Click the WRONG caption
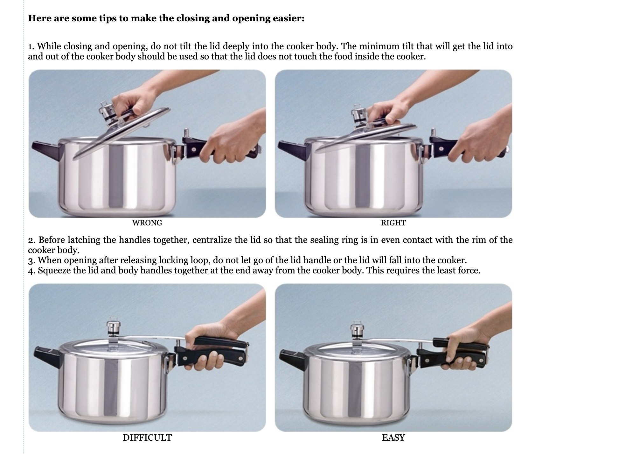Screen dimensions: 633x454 coord(147,223)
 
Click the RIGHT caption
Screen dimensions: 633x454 coord(393,223)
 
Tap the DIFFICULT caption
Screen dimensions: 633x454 coord(147,437)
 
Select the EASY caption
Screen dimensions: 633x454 coord(393,437)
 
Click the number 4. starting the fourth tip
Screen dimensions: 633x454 coord(31,271)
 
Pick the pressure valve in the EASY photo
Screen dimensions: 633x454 coord(357,332)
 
